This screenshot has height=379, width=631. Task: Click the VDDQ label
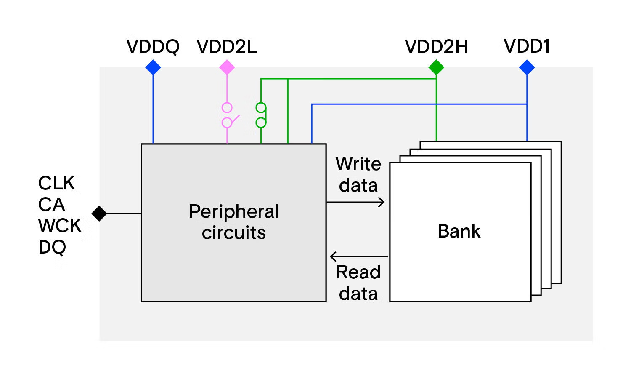coord(153,47)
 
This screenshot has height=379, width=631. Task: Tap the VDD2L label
coord(227,47)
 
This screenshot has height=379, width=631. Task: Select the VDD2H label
coord(436,47)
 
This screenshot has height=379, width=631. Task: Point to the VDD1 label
coord(527,46)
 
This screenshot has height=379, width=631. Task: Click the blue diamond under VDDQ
coord(153,67)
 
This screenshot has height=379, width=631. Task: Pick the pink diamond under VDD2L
coord(227,67)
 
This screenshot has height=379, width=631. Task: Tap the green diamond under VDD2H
coord(436,67)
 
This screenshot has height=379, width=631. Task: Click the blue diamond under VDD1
coord(527,67)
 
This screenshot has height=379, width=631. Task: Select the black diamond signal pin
coord(99,214)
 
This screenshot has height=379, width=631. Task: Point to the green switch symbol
coord(261,115)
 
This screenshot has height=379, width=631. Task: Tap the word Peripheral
coord(233,211)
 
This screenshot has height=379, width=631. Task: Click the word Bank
coord(459,231)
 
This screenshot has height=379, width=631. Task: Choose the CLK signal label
coord(56,183)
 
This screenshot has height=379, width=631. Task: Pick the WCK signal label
coord(60,226)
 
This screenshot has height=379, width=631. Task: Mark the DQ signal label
coord(52,247)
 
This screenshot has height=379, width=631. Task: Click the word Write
coord(358,164)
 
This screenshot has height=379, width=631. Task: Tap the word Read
coord(358,272)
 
